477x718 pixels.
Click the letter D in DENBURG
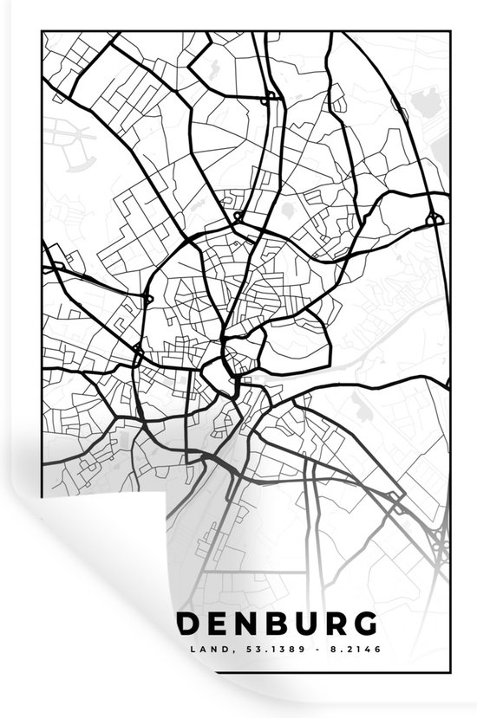click(189, 624)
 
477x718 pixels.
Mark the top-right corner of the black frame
click(450, 33)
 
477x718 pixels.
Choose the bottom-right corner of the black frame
click(450, 669)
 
